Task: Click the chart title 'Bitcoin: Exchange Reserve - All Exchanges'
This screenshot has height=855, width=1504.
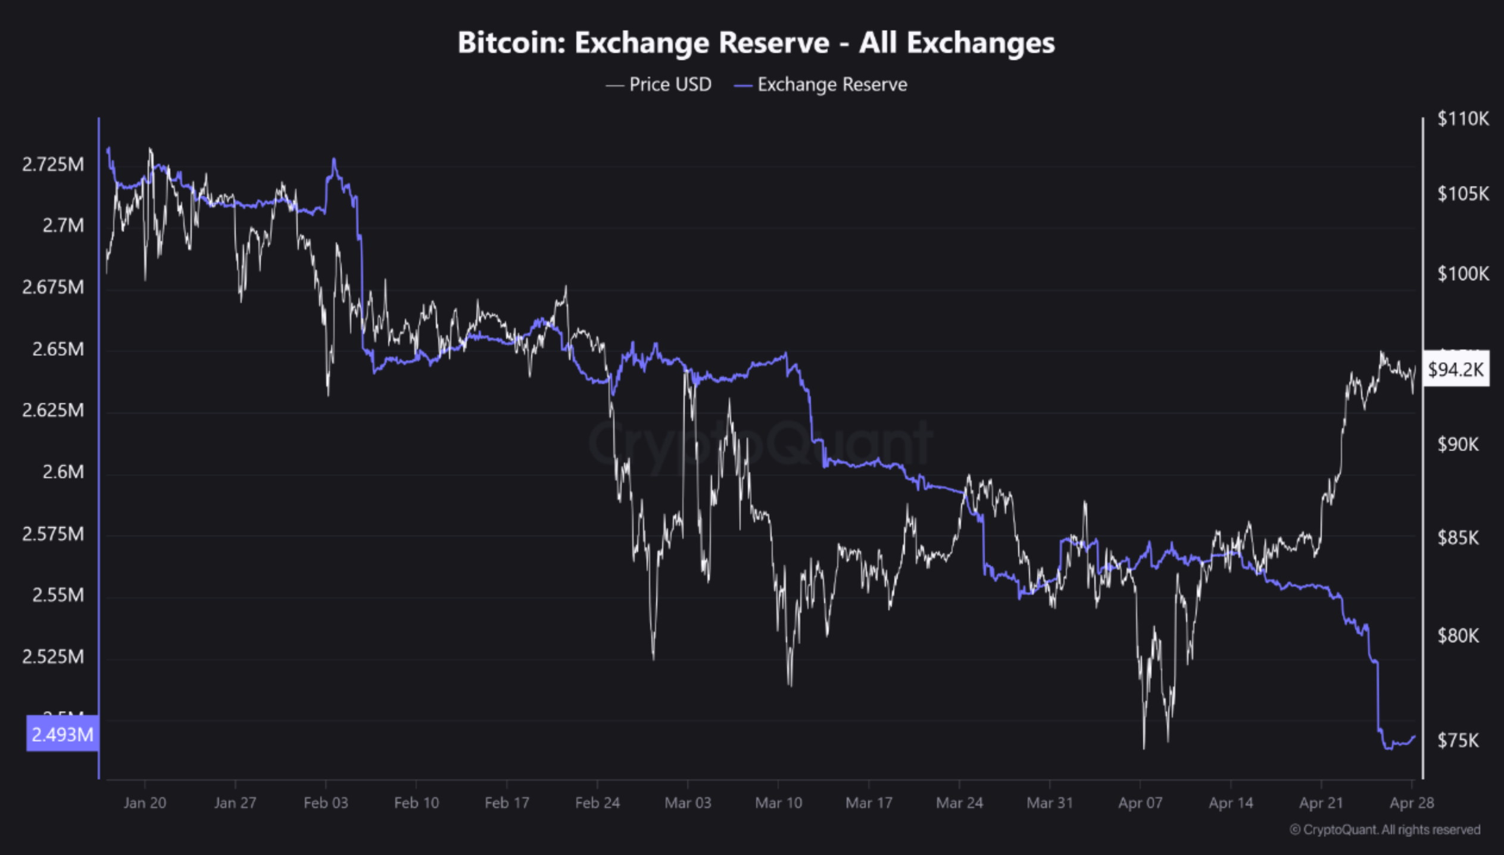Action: pyautogui.click(x=756, y=43)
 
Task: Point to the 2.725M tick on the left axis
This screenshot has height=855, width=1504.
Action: pyautogui.click(x=53, y=164)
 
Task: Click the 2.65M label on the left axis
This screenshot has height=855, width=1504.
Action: pyautogui.click(x=58, y=349)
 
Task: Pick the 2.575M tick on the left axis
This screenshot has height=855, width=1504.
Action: pyautogui.click(x=53, y=534)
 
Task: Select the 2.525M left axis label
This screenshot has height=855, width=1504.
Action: pyautogui.click(x=53, y=657)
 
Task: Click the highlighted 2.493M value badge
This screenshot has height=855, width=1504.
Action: pyautogui.click(x=62, y=735)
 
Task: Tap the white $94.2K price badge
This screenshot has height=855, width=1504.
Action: pyautogui.click(x=1455, y=370)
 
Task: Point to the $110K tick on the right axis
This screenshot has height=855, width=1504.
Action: pyautogui.click(x=1462, y=119)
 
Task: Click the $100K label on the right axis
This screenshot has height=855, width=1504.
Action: pyautogui.click(x=1462, y=274)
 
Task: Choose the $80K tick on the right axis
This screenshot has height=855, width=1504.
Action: pyautogui.click(x=1458, y=636)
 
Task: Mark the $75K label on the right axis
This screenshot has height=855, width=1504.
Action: pyautogui.click(x=1458, y=740)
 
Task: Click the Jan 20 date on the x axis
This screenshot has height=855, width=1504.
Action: pyautogui.click(x=145, y=803)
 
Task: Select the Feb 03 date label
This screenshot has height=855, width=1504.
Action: pyautogui.click(x=326, y=803)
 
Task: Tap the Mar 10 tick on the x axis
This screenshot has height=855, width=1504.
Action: pyautogui.click(x=778, y=803)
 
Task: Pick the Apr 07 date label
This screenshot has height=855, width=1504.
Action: pyautogui.click(x=1140, y=803)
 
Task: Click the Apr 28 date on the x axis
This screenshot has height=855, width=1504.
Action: pyautogui.click(x=1411, y=803)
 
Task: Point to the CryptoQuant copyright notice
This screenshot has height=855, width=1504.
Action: pyautogui.click(x=1384, y=829)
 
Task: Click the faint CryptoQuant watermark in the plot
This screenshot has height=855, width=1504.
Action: pyautogui.click(x=760, y=444)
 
